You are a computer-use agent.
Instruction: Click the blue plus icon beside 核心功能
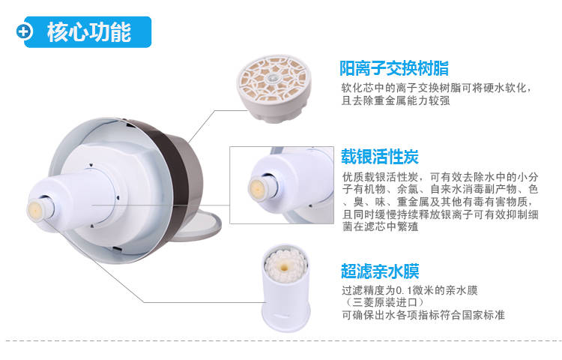click(x=25, y=31)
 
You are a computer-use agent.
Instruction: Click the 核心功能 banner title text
click(x=89, y=32)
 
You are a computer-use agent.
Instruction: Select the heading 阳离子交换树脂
click(x=394, y=68)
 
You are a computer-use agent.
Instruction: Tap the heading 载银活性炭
click(x=380, y=156)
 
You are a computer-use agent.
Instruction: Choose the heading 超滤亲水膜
click(x=380, y=271)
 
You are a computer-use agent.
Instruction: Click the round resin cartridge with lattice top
click(x=274, y=88)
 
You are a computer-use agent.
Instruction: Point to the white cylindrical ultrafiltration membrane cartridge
click(x=285, y=288)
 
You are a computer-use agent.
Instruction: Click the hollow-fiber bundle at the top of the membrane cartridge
click(x=285, y=265)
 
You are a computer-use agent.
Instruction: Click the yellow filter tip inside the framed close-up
click(x=258, y=187)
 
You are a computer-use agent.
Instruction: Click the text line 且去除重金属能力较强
click(x=396, y=100)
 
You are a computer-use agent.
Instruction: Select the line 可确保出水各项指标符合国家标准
click(x=423, y=315)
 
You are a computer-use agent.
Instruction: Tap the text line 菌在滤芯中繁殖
click(x=381, y=226)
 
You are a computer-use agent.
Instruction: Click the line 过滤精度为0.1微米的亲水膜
click(x=410, y=290)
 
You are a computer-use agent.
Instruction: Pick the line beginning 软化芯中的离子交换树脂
click(x=435, y=88)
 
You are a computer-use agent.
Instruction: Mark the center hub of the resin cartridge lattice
click(x=273, y=78)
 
